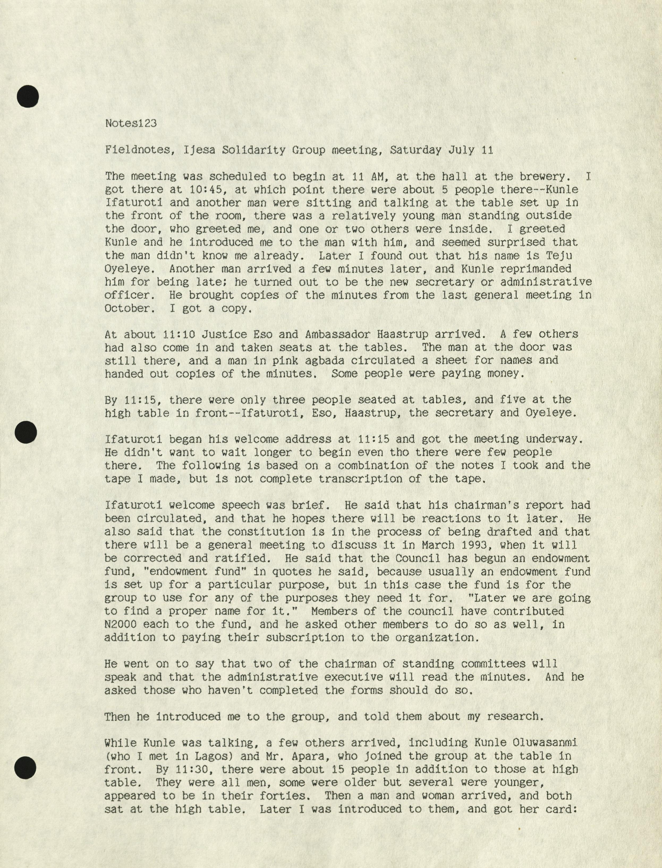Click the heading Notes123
130,123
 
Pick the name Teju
559,255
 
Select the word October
127,308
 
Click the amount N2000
121,624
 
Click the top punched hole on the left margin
28,96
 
